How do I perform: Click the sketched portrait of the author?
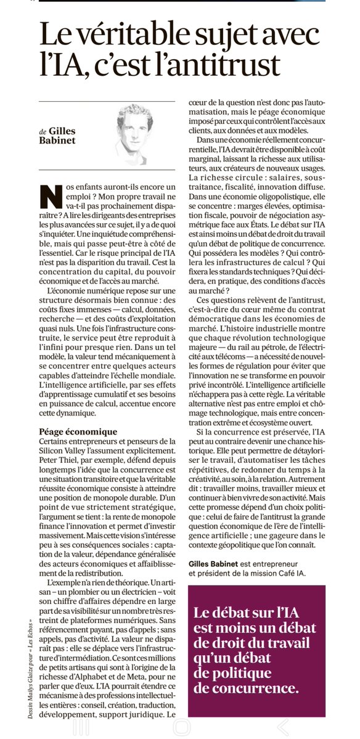139,127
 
